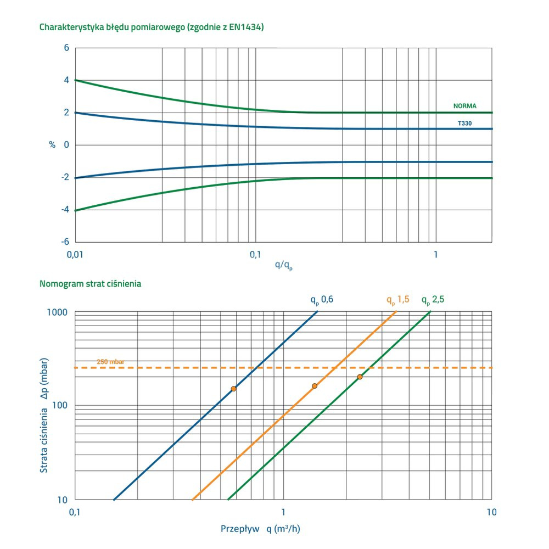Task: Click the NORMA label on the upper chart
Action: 464,106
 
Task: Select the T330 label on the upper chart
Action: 465,124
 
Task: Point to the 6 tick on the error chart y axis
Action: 66,48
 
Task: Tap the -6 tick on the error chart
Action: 64,242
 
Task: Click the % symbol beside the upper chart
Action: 52,145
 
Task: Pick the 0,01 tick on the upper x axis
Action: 75,255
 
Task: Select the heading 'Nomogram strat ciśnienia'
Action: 91,284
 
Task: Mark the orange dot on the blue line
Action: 233,389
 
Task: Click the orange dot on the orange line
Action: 315,386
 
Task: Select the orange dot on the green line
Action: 360,377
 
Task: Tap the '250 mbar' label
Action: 110,362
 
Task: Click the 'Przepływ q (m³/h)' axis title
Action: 260,529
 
